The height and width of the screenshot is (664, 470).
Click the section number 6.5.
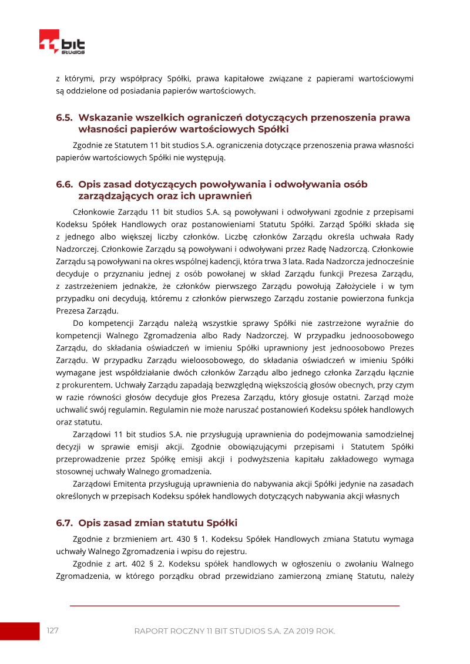pos(64,117)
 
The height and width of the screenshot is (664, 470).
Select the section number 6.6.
pos(64,184)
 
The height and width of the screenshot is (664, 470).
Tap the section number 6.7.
pos(64,523)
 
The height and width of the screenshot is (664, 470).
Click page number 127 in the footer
pos(53,631)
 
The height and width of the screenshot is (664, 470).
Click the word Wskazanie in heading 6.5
pos(106,117)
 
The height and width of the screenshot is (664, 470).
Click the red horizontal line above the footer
pos(235,605)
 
